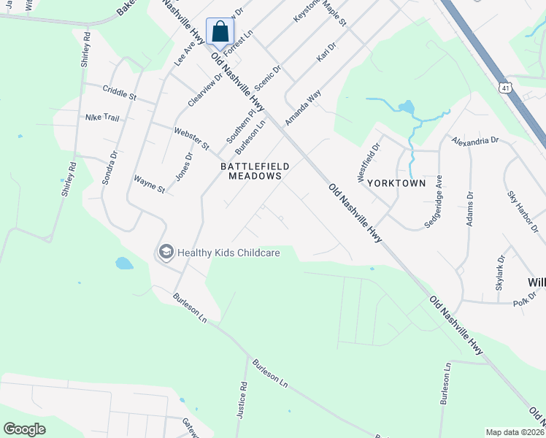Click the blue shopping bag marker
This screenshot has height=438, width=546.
pyautogui.click(x=220, y=32)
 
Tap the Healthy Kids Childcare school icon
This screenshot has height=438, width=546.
pyautogui.click(x=166, y=253)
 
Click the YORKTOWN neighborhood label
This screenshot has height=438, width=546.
pyautogui.click(x=396, y=182)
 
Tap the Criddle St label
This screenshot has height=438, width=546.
pyautogui.click(x=120, y=94)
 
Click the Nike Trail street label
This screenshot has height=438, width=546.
pyautogui.click(x=102, y=117)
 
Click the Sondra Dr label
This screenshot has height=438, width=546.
pyautogui.click(x=110, y=167)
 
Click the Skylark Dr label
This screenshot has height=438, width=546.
pyautogui.click(x=501, y=273)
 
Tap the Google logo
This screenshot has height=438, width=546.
pyautogui.click(x=25, y=429)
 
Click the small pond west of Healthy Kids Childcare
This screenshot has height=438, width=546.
pyautogui.click(x=124, y=263)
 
